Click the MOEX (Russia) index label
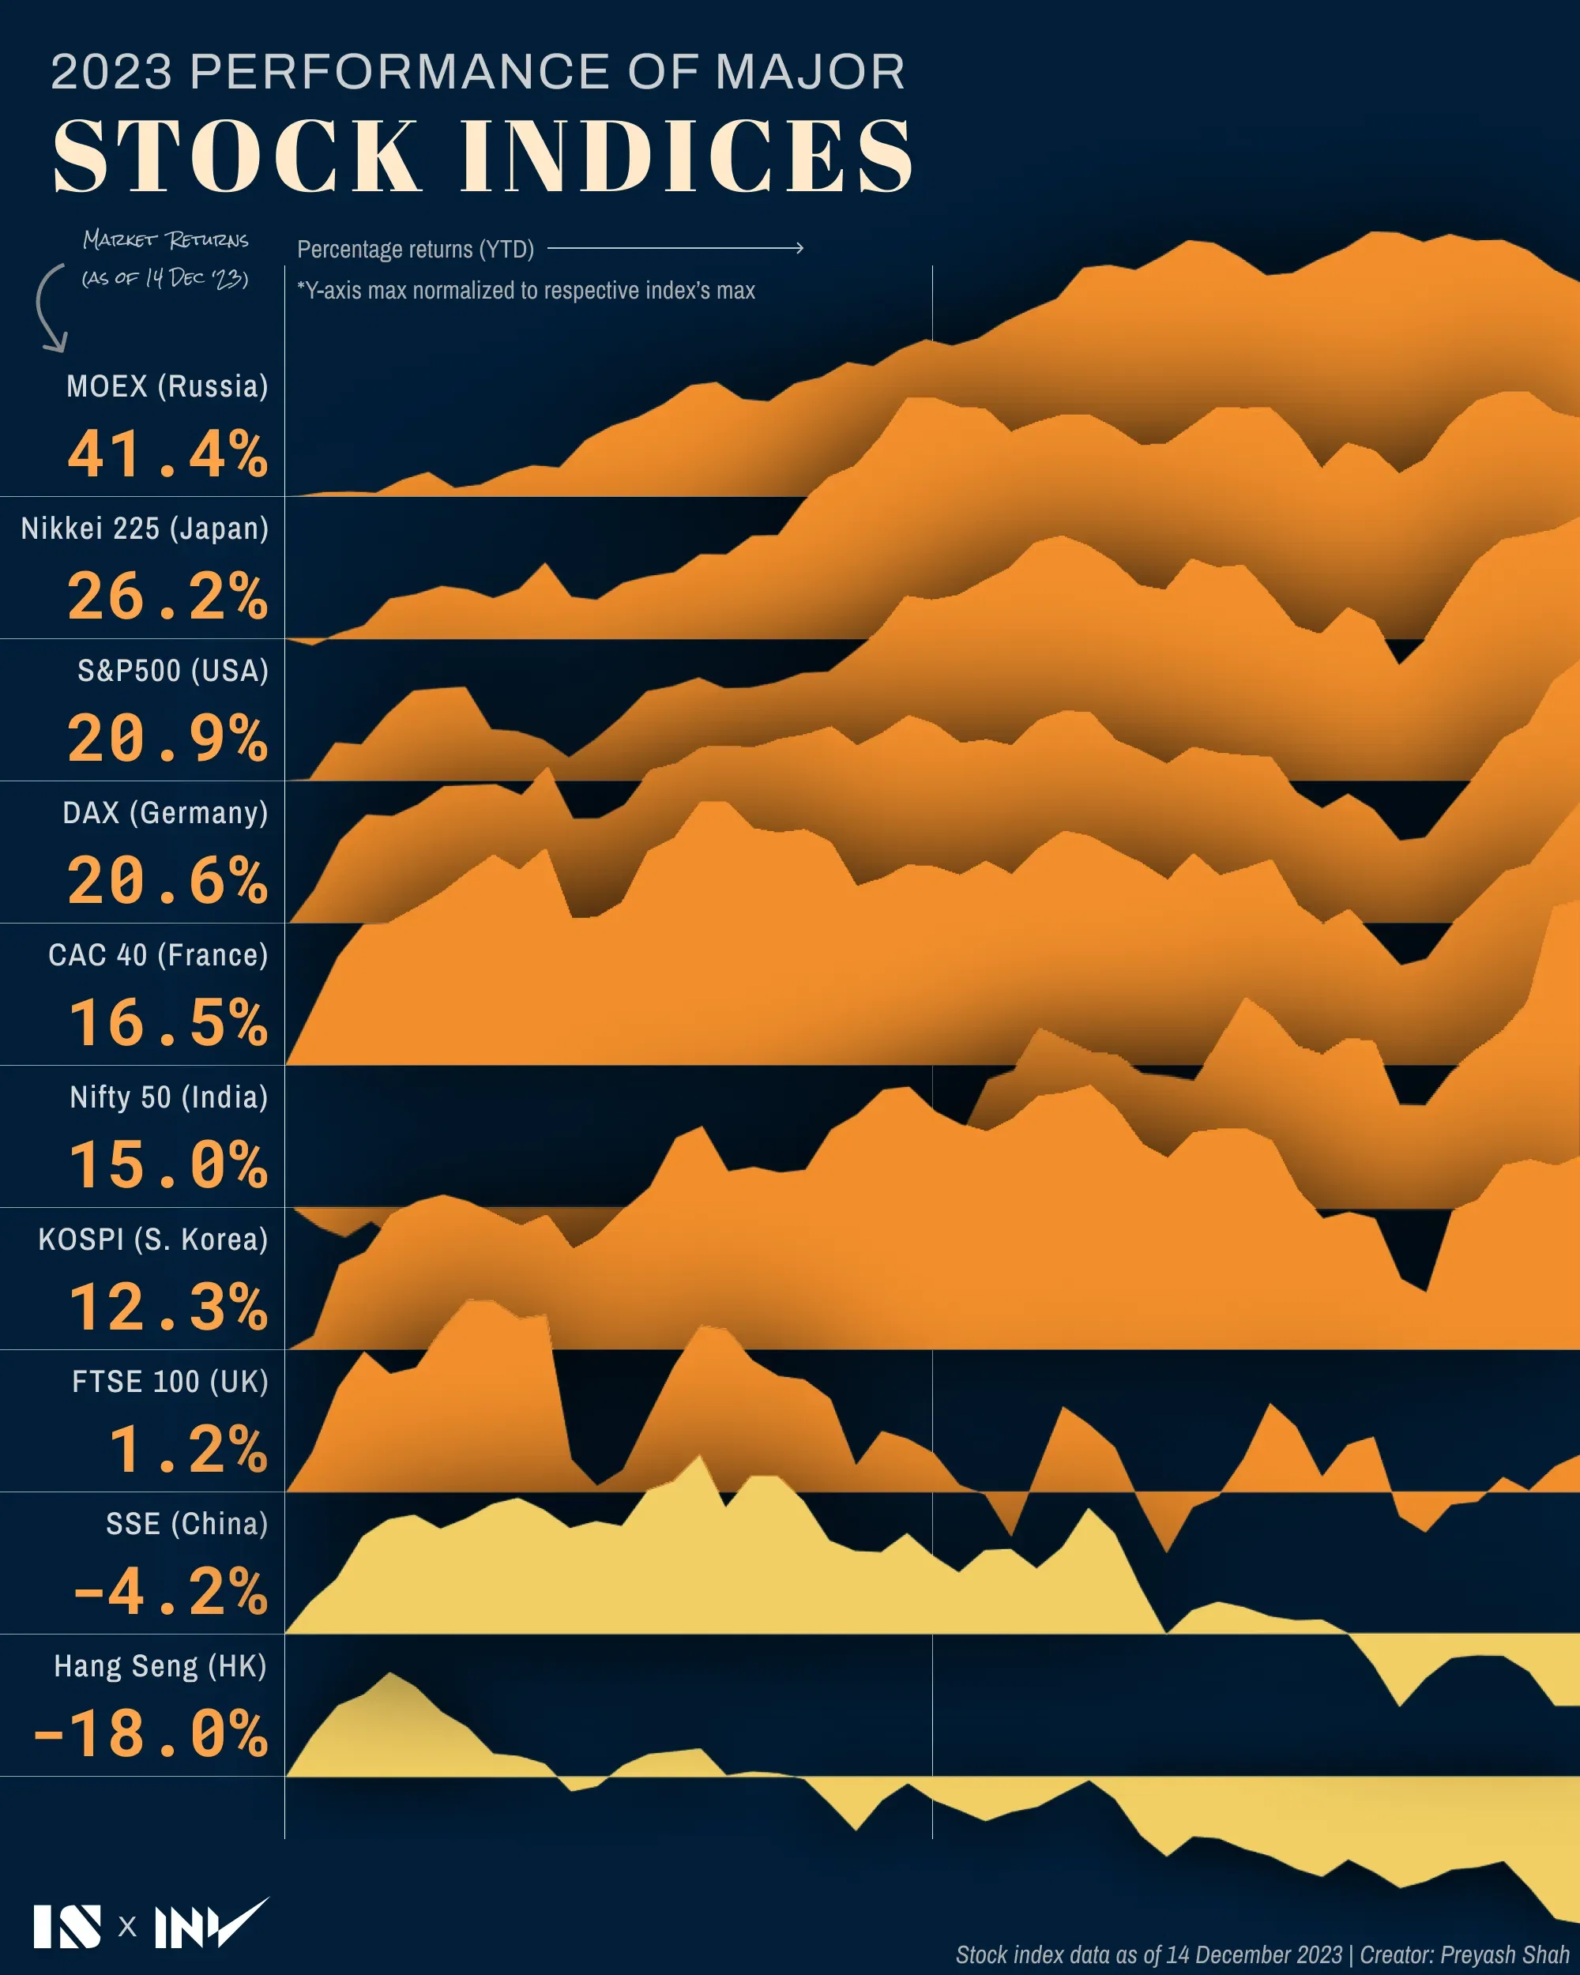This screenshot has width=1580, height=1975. pos(167,386)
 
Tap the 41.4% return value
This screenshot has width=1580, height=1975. pos(167,454)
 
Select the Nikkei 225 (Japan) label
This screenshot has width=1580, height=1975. pos(145,529)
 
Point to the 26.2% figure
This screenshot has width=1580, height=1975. pos(167,596)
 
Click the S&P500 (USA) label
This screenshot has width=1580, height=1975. pos(173,671)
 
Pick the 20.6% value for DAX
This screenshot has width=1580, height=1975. pos(167,880)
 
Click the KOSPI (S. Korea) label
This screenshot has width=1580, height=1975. pos(153,1240)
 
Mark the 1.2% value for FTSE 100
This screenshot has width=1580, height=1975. pos(188,1449)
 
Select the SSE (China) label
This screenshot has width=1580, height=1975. pos(187,1523)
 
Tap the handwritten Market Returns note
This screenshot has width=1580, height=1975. pos(166,258)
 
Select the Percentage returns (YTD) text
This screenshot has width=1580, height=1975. pos(415,249)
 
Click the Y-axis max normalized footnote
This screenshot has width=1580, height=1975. pos(526,291)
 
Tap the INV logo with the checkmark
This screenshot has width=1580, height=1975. pos(210,1924)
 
